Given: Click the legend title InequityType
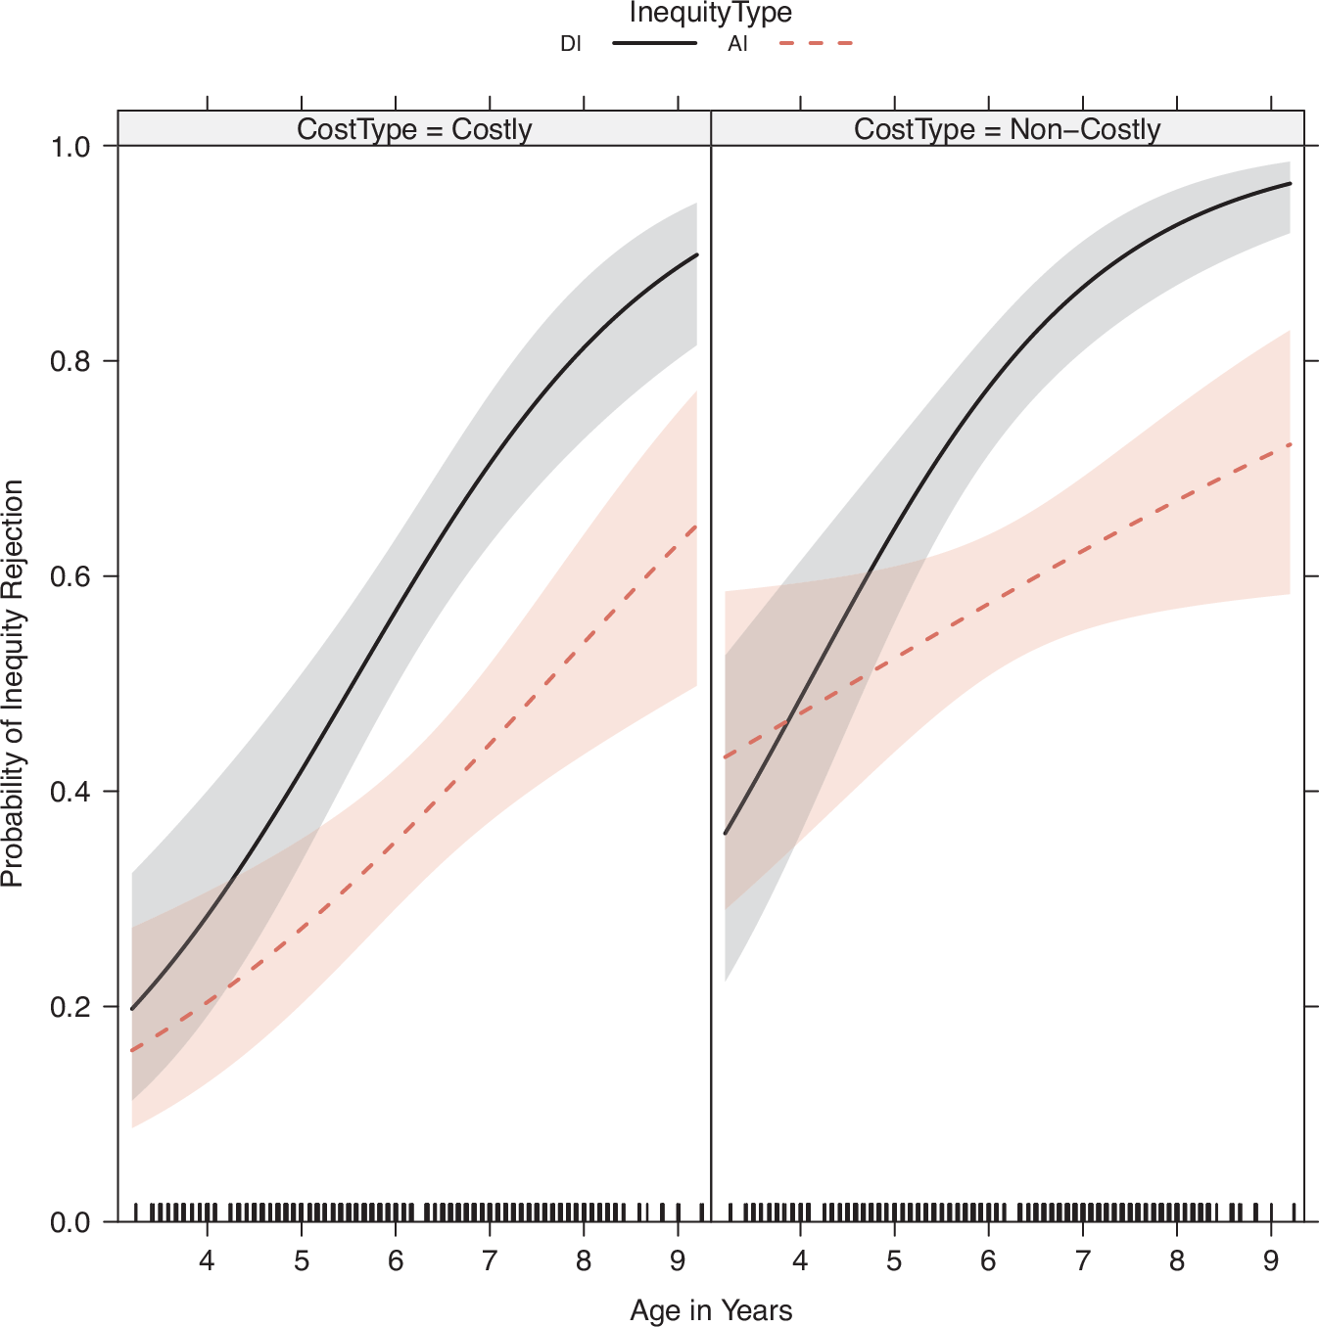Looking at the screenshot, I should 710,14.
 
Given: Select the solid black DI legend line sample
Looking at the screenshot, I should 654,44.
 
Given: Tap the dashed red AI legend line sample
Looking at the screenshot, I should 816,44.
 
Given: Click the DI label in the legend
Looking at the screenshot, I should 570,44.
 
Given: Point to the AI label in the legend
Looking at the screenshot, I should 737,44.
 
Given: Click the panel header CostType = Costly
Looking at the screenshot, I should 414,129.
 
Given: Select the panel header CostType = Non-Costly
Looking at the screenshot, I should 1007,129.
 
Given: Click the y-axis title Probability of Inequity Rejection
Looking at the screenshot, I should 14,683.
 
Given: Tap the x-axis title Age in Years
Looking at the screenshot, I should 711,1310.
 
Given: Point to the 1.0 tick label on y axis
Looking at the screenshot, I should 70,147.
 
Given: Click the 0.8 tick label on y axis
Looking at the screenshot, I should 70,361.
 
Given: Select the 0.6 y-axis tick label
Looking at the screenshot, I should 70,576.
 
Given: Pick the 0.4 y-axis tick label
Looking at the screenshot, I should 70,792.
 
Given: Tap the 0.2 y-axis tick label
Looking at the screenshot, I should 70,1007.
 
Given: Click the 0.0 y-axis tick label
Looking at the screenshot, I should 70,1222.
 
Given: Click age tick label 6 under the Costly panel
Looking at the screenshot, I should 395,1261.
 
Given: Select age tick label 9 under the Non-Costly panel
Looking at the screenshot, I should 1270,1261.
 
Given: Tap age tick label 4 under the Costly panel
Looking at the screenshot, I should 207,1261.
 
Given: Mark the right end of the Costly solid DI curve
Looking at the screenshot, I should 696,254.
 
